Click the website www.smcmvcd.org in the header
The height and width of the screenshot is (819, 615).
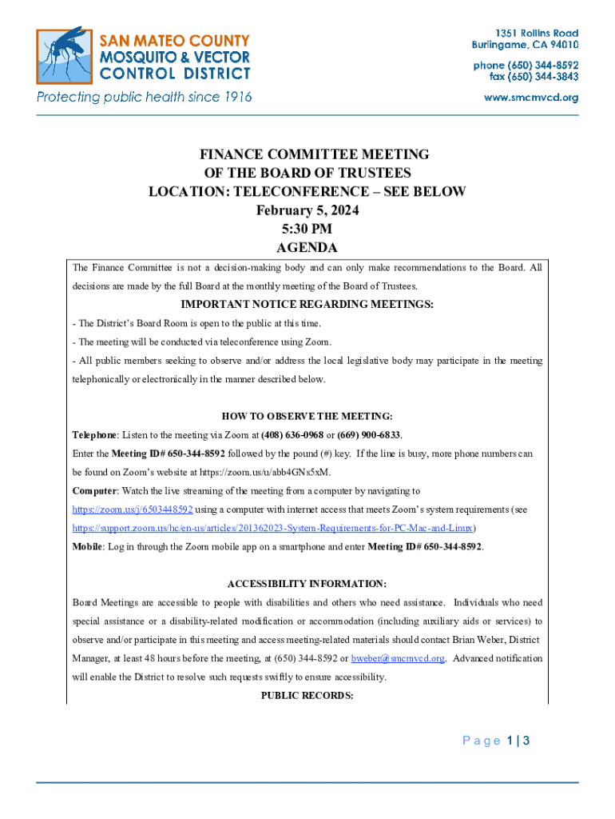click(532, 98)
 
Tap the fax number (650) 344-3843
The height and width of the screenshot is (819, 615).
click(534, 77)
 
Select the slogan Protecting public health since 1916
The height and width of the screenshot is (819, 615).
click(144, 98)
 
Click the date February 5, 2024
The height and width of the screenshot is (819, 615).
click(307, 211)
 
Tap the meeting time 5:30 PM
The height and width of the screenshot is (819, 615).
click(307, 230)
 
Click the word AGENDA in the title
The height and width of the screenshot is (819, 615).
click(307, 248)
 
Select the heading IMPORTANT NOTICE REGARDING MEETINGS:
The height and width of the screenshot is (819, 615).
click(307, 305)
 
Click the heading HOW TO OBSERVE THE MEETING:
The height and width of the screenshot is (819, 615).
click(307, 416)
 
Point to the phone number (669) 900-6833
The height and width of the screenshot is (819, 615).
click(369, 435)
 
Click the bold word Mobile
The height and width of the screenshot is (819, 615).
click(88, 547)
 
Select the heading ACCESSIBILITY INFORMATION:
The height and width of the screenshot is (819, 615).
click(307, 584)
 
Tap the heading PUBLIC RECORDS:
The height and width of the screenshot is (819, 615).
click(307, 696)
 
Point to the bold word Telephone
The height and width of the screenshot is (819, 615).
click(95, 435)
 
